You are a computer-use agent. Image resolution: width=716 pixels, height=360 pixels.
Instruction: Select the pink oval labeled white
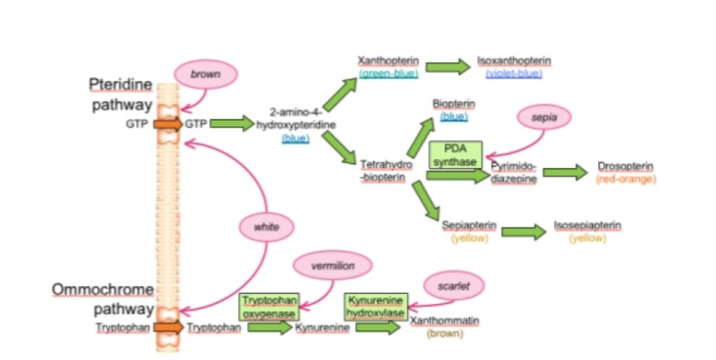point(266,227)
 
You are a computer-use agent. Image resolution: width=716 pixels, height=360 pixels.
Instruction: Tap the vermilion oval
point(332,266)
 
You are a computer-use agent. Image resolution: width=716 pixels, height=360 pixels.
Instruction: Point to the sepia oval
point(544,118)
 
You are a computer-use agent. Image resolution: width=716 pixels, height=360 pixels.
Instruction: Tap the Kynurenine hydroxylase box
point(375,306)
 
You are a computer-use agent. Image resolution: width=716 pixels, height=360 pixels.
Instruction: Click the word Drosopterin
point(625,166)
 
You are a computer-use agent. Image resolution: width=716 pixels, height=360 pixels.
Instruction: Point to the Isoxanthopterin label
point(514,62)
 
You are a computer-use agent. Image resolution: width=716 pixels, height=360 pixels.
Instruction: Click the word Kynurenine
point(322,327)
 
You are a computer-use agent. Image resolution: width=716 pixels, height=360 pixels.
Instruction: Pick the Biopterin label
point(454,104)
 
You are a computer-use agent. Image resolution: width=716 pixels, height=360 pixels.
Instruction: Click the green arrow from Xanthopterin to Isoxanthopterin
point(448,67)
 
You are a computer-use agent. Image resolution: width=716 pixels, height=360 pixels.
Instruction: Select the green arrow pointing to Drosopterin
point(565,173)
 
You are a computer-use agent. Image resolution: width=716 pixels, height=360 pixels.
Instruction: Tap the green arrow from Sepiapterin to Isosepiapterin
point(523,232)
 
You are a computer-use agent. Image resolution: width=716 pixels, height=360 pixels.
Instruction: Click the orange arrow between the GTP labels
point(168,124)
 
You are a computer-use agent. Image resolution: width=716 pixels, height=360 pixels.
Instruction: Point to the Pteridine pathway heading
point(120,95)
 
